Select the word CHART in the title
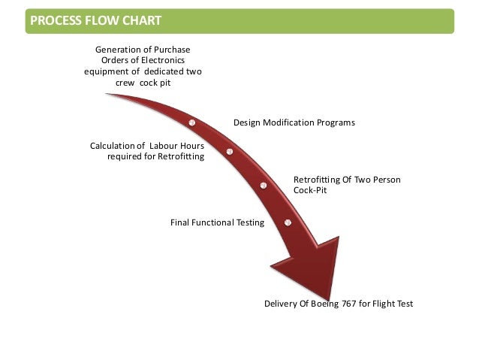(140, 20)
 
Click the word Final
(182, 222)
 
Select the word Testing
(249, 222)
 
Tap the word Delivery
(281, 304)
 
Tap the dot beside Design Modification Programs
(192, 122)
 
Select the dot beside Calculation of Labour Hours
(229, 152)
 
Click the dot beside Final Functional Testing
(288, 222)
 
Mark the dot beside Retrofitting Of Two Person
(264, 186)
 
